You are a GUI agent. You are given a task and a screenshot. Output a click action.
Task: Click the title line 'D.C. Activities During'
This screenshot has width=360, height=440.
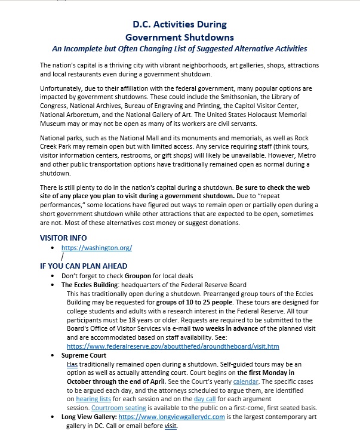coord(179,24)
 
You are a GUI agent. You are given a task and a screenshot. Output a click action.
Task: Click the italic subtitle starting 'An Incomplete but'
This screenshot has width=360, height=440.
coord(179,48)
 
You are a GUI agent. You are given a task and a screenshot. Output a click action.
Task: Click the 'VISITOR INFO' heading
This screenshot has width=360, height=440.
coord(63,238)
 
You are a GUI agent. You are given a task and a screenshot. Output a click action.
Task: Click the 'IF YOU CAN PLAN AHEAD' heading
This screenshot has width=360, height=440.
coord(84,266)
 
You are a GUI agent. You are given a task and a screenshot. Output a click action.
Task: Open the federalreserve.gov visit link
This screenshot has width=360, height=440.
coord(173,346)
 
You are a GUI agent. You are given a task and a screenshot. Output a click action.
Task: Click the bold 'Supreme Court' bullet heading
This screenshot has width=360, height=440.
coord(85,355)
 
